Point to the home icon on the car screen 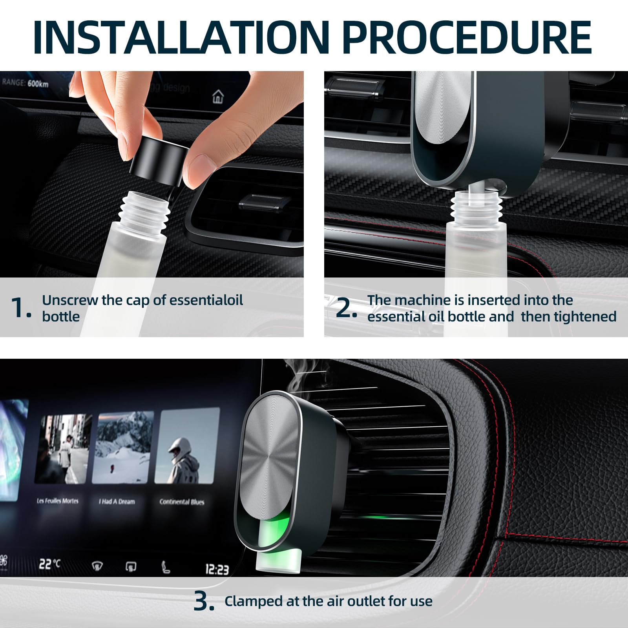tap(218, 96)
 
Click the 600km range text tap(38, 84)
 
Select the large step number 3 tap(204, 601)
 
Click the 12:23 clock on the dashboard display tap(217, 569)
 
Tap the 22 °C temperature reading tap(49, 564)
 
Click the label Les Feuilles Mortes tap(58, 501)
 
